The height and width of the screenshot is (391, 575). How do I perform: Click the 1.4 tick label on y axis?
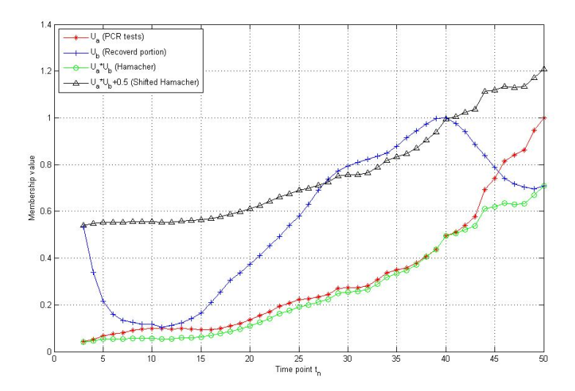(x=44, y=25)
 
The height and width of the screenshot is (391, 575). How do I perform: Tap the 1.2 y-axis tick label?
(x=44, y=71)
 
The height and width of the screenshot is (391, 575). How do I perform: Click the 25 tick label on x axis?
(x=298, y=360)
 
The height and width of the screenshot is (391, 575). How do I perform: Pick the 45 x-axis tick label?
(x=494, y=360)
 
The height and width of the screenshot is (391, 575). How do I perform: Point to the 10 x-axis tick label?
(x=152, y=360)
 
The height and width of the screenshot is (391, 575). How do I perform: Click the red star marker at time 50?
(x=544, y=118)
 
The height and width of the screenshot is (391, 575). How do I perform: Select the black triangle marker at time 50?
(x=544, y=69)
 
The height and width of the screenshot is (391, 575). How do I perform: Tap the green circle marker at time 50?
(x=544, y=186)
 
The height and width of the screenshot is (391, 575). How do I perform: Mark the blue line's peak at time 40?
(x=445, y=117)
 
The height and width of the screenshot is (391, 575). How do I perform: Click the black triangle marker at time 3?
(x=84, y=225)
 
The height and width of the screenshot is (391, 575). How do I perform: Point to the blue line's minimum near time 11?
(x=162, y=327)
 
